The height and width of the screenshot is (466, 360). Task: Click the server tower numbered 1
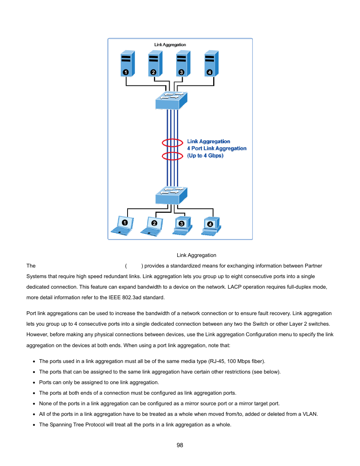128,63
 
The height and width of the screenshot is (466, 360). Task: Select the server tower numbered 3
183,63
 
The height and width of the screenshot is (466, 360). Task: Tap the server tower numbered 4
211,63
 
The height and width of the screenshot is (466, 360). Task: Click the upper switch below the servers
171,100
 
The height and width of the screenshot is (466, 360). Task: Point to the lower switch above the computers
171,195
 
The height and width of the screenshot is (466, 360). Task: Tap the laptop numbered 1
122,226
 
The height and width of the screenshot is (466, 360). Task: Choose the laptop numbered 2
152,226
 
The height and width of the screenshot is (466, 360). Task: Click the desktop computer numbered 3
182,226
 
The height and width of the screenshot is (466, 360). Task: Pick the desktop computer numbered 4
211,226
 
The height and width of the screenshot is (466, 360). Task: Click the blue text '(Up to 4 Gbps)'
205,155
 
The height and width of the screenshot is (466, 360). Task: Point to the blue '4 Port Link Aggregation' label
217,148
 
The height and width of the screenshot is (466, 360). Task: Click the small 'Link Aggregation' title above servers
170,45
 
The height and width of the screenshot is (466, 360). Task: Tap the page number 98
180,445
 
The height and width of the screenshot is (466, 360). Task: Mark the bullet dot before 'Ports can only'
34,383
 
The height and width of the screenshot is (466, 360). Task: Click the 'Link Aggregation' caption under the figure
196,255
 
